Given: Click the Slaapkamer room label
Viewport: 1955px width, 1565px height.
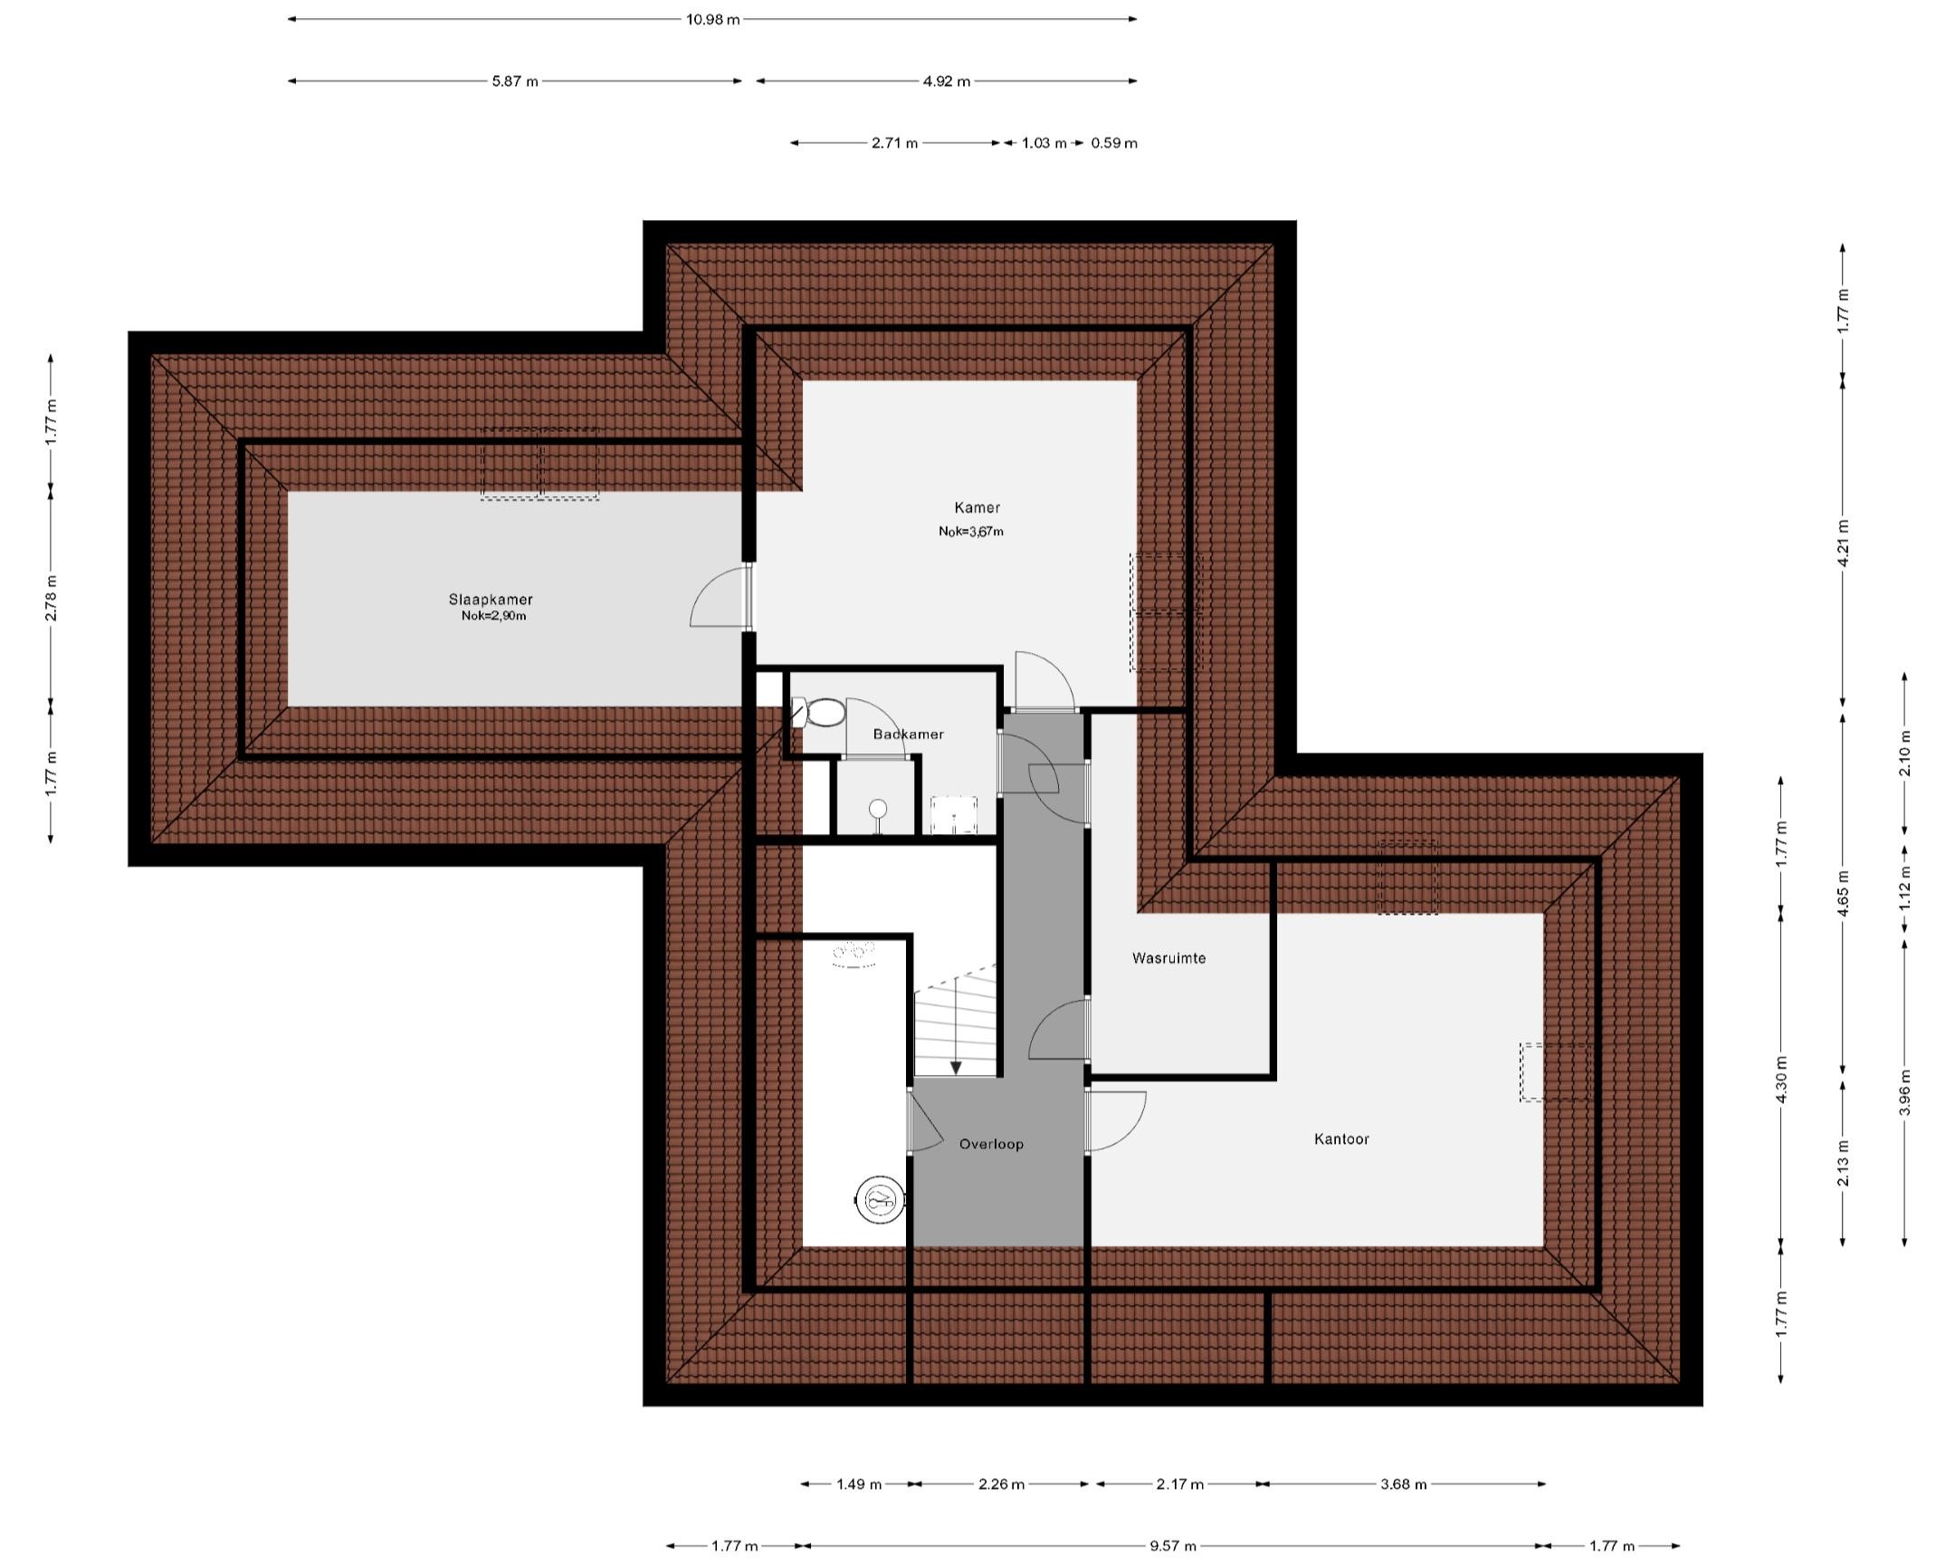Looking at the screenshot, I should [491, 600].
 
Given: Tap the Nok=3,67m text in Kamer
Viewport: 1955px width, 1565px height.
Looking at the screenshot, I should [970, 532].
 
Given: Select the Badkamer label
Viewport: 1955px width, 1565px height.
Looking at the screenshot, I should [908, 734].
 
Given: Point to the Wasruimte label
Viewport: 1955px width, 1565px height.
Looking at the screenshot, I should [1168, 958].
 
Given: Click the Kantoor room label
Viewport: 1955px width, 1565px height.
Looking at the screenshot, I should [1341, 1138].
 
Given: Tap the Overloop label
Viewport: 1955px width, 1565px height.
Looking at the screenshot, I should [991, 1144].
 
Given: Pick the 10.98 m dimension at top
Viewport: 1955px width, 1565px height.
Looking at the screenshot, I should [711, 19].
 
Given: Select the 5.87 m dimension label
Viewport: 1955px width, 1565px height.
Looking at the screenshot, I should [514, 82].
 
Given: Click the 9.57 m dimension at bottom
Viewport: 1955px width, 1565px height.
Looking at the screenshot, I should [1173, 1545].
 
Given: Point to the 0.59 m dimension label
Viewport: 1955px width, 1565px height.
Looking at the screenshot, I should [1113, 143].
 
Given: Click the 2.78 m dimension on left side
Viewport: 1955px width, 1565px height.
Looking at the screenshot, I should [51, 598].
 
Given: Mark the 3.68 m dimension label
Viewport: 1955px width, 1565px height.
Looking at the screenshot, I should [1403, 1484].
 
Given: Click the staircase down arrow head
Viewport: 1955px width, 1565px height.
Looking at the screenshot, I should [956, 1068].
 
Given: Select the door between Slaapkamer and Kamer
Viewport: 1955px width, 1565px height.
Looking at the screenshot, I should [720, 599].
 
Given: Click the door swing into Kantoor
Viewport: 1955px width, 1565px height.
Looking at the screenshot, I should [1117, 1121].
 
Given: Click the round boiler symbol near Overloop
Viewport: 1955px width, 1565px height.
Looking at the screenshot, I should [880, 1203].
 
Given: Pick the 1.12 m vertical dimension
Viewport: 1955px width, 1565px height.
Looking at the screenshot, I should [1905, 888].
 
